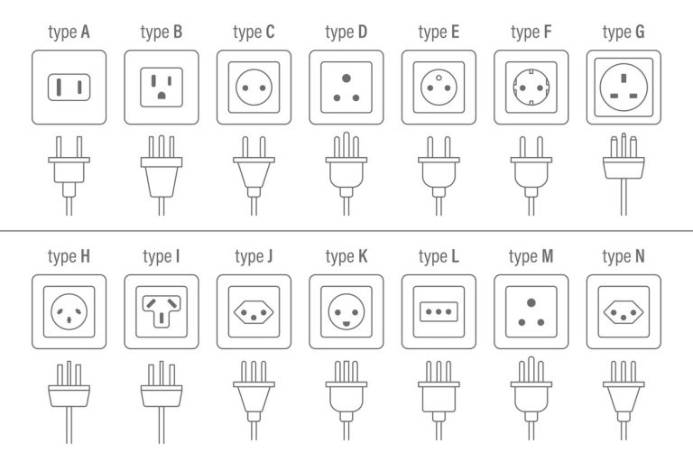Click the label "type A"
[69, 33]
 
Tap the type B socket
[162, 87]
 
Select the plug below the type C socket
[254, 171]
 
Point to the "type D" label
[346, 33]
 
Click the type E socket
[439, 87]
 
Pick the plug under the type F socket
[531, 171]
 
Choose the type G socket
[624, 87]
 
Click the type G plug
[624, 171]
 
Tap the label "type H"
[69, 257]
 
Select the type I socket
[162, 311]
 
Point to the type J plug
[254, 397]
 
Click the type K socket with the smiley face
[346, 311]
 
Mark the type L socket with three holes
[439, 311]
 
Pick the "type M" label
[531, 257]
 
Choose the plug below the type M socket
[531, 397]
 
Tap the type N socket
[624, 311]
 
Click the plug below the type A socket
[69, 171]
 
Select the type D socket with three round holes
[346, 87]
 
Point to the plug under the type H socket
[69, 397]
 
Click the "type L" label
[439, 257]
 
